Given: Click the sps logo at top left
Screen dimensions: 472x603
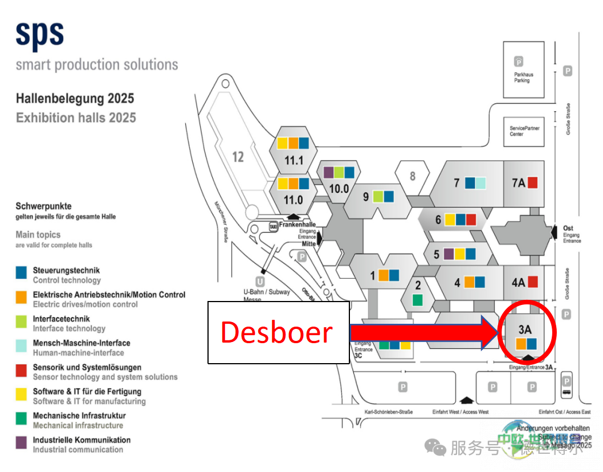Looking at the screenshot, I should [39, 35].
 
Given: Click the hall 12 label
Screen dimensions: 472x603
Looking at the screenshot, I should [238, 156].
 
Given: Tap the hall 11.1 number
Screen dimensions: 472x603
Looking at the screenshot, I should [294, 160].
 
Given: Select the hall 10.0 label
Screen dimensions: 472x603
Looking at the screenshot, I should [339, 188].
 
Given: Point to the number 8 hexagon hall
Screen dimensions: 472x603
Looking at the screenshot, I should [413, 176].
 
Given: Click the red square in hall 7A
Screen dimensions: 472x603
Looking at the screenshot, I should [533, 183].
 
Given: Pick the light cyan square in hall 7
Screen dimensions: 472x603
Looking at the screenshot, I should [480, 183].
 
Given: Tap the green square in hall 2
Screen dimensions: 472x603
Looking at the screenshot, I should [418, 299].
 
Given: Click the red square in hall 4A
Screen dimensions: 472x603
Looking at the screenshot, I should [533, 282].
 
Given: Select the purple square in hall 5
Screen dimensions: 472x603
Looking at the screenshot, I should [449, 254].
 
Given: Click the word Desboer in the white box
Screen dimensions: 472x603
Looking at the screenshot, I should [276, 332].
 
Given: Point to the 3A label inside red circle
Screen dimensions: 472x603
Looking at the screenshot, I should [525, 329].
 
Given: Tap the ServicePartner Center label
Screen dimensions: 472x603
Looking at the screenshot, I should [524, 131].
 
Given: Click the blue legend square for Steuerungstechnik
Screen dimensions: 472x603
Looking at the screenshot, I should [21, 272].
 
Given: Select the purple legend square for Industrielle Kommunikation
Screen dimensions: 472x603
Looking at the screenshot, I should [21, 442].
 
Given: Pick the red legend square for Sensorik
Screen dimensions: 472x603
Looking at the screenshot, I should [21, 370].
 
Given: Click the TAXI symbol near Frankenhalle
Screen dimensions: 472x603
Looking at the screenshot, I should [274, 226].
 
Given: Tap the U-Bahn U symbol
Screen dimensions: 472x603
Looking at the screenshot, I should [260, 282].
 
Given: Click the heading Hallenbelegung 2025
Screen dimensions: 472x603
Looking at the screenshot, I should [75, 99].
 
